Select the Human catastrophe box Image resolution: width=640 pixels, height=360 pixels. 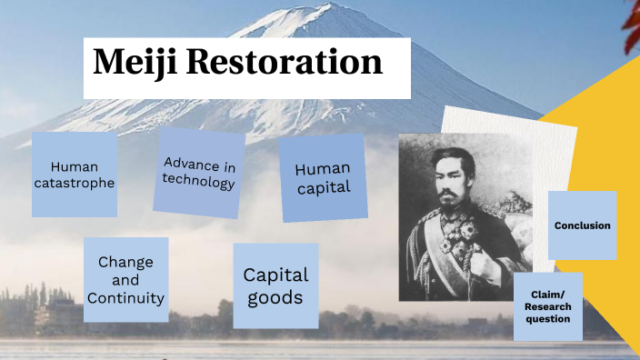[x=75, y=175]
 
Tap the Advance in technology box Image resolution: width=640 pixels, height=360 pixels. [x=199, y=173]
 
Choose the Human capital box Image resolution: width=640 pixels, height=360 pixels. [x=323, y=179]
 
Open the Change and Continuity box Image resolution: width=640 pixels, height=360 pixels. [x=125, y=280]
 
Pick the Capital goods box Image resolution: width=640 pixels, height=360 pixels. [x=276, y=285]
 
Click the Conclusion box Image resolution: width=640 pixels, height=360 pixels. [x=582, y=225]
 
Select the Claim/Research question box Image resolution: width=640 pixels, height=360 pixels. [x=548, y=306]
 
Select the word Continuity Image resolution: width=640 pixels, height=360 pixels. [x=125, y=298]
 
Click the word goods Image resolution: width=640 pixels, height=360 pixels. [x=276, y=297]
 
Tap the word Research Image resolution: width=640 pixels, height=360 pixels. [x=548, y=306]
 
